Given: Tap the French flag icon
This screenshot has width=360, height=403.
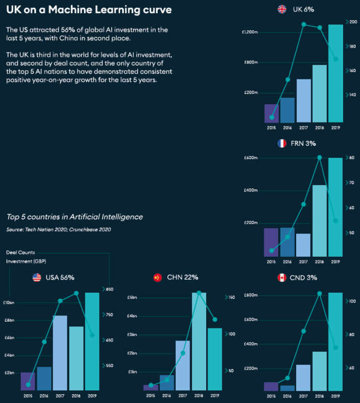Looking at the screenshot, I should (x=282, y=143).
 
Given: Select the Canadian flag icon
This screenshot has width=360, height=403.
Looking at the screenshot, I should (x=282, y=278).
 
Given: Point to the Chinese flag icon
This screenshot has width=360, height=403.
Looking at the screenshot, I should (x=157, y=278).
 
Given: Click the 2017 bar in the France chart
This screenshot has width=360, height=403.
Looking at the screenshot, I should (x=303, y=245).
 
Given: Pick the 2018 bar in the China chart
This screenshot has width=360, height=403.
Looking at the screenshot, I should (x=199, y=341).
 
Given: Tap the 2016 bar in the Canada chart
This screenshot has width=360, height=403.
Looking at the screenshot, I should (x=287, y=387).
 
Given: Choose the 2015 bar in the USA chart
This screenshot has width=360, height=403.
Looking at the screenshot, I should (x=28, y=381).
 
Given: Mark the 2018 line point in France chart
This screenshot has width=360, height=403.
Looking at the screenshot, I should (x=319, y=157).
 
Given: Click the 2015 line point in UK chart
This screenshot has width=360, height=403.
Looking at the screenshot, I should (x=271, y=117).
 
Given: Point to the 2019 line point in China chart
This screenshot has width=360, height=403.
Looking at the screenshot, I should (x=215, y=320).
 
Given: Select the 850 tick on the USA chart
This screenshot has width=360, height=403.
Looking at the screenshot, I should (x=109, y=290).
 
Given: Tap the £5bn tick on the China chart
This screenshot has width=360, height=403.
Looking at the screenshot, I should (x=133, y=297).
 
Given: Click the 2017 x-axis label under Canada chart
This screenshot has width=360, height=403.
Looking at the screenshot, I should (x=303, y=396).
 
